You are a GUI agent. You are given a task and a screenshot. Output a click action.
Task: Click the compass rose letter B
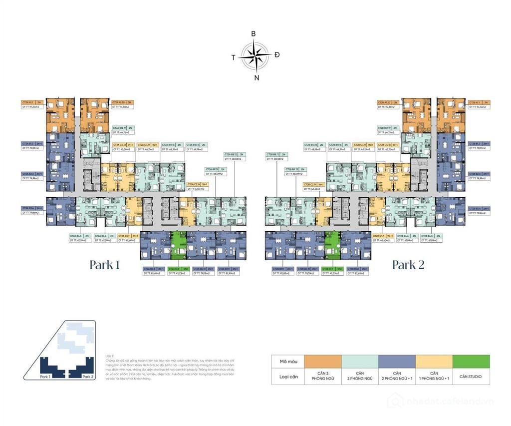pos(254,33)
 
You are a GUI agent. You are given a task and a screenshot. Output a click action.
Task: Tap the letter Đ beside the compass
pos(277,54)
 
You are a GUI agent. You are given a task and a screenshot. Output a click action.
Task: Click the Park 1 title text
pos(105,264)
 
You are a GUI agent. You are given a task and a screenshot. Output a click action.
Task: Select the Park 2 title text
pos(408,264)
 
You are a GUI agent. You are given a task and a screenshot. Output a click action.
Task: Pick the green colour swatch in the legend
pos(471,361)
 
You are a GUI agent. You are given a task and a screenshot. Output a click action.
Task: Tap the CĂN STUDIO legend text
pos(471,376)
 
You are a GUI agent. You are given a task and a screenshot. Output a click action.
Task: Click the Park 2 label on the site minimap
pos(88,376)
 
